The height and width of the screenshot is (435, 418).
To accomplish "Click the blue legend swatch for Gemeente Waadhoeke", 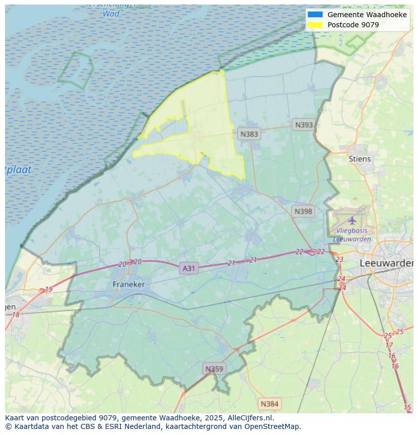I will coord(315,15).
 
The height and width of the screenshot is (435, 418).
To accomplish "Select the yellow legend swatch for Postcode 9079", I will coord(315,25).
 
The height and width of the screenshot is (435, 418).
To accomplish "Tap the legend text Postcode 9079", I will coord(353,25).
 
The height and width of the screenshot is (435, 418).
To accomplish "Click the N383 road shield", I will coord(249,134).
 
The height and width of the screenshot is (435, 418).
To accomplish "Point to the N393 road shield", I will coord(304,125).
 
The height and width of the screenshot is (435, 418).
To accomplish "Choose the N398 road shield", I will coord(303,211).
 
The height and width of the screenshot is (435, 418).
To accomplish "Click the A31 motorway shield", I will coord(188,268).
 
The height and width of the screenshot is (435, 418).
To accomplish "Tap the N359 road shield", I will coord(214,369).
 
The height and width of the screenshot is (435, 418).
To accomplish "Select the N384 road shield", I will coord(269,404).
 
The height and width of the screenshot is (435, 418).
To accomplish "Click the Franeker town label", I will coord(128,284).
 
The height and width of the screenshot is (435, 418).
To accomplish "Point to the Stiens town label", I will coord(359,159).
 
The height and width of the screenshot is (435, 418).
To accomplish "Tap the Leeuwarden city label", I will coord(386,263).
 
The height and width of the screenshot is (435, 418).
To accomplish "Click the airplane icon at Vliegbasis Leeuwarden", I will coord(352,220).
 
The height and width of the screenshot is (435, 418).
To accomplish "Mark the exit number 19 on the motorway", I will coord(48,289).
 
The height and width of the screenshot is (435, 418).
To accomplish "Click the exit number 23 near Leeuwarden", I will coord(339,259).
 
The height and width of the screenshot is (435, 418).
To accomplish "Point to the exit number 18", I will coord(16,315).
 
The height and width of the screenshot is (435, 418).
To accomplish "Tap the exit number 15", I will coord(407,407).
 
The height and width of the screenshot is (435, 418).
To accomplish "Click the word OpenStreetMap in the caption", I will coord(272,426).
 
